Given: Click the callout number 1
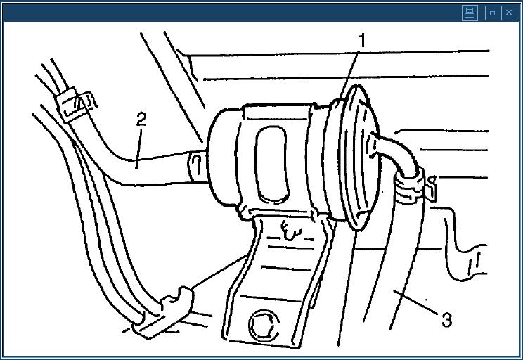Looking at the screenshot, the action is (x=362, y=41).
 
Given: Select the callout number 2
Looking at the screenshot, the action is (x=141, y=119).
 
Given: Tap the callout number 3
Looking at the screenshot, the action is (x=446, y=319).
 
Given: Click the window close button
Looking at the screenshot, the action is (x=509, y=13).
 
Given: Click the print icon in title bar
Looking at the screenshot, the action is (x=470, y=13).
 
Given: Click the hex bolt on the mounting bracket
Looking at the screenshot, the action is (x=264, y=326).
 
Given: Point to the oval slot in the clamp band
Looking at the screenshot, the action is (x=272, y=165).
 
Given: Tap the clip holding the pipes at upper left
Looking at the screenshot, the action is (x=75, y=104).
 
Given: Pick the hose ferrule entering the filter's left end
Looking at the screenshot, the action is (x=197, y=166).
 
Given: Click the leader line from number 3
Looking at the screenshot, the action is (x=415, y=302).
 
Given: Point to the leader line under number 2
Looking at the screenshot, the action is (x=138, y=149).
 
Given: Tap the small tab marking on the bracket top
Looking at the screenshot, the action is (x=291, y=230).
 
